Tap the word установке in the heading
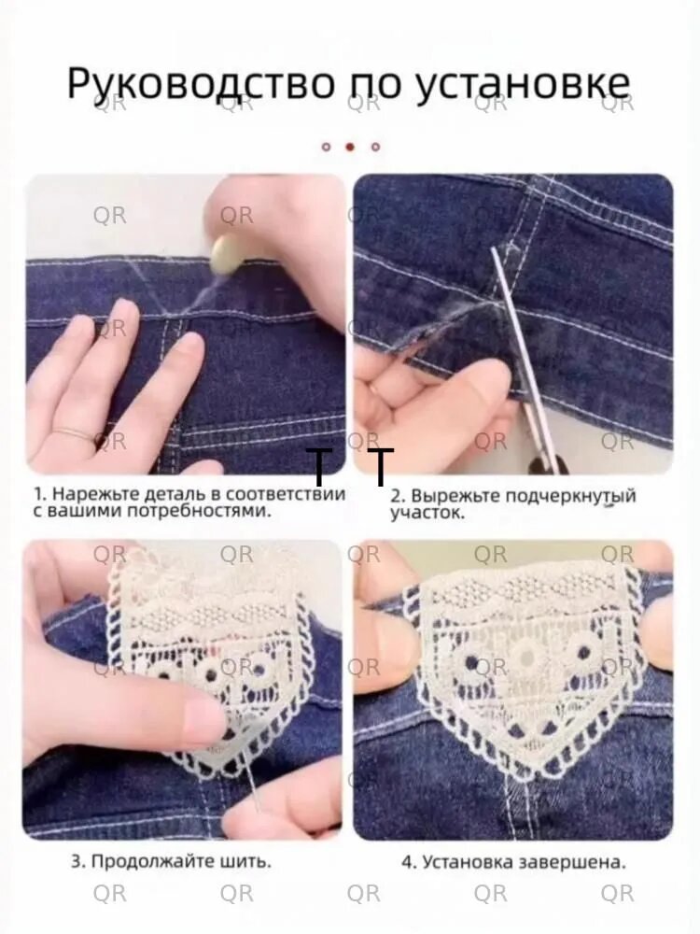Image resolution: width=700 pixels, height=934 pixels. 522,83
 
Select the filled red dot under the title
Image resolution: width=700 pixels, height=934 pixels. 351,146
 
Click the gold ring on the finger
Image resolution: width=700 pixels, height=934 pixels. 76,432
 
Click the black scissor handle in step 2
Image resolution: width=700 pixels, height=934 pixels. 546,463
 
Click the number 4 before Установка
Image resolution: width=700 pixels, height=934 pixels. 407,862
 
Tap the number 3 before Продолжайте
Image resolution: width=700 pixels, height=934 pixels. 77,861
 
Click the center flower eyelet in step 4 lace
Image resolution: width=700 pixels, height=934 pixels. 526,657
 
